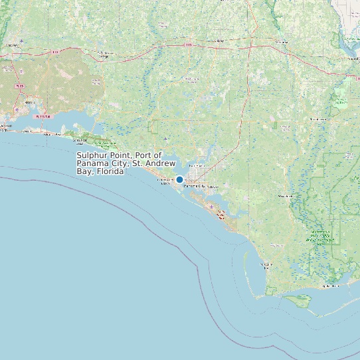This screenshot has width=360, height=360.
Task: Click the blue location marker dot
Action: point(179,179)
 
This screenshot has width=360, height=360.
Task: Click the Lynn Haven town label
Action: point(197,165)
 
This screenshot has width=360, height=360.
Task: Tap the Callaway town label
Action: point(213,187)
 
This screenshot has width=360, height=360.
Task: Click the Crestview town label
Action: point(12,45)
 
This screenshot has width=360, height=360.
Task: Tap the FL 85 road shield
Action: point(20,86)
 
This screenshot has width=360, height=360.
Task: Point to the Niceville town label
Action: point(30,102)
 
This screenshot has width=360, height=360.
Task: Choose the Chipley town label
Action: point(217,41)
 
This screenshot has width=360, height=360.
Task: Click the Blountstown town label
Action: point(314,119)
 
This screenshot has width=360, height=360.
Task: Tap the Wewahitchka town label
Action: point(286,197)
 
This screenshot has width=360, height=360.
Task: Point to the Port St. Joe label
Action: point(266,264)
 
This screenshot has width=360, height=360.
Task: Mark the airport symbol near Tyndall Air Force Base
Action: point(212,208)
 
